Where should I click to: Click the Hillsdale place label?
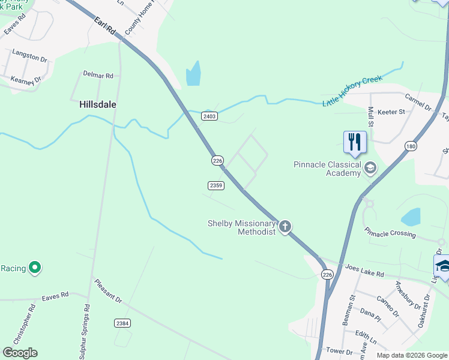pyautogui.click(x=97, y=104)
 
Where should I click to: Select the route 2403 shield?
pyautogui.click(x=209, y=116)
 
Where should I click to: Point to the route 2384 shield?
pyautogui.click(x=122, y=323)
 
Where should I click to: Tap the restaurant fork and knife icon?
pyautogui.click(x=354, y=142)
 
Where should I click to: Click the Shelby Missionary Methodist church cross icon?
pyautogui.click(x=285, y=227)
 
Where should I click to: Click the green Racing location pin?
pyautogui.click(x=35, y=268)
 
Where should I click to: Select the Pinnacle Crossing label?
pyautogui.click(x=390, y=231)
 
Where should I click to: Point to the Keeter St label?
pyautogui.click(x=391, y=112)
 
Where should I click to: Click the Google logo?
pyautogui.click(x=20, y=353)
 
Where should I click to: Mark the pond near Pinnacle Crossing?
pyautogui.click(x=410, y=217)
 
